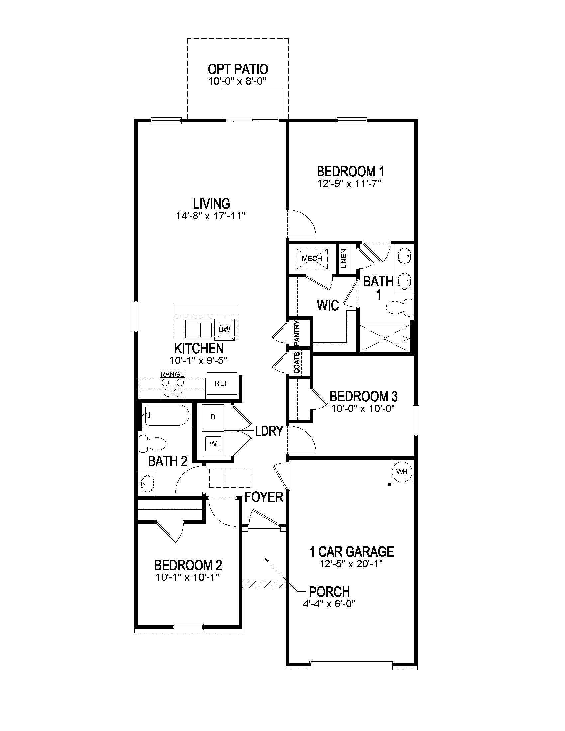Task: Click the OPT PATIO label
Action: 238,70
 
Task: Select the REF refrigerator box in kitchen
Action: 222,383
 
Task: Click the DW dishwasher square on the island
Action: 224,329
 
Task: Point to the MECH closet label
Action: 312,259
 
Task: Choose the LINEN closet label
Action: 344,259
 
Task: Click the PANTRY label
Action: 297,333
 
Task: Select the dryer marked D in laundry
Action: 213,417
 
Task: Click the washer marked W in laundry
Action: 213,444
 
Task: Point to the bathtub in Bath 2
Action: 167,415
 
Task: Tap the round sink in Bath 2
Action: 147,483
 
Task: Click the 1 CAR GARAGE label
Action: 351,552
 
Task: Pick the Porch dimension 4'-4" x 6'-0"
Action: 328,603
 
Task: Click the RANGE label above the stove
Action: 172,374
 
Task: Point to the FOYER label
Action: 264,497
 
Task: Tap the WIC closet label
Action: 328,305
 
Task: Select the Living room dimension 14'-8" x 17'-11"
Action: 211,216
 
